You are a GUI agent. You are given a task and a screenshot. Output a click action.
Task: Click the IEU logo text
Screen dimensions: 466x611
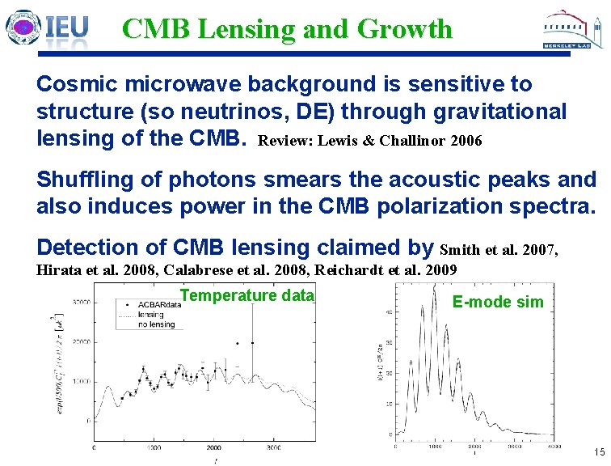click(66, 29)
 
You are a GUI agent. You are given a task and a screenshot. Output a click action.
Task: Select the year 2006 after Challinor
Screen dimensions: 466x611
click(466, 142)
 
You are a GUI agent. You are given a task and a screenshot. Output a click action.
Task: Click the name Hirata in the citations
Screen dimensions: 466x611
click(57, 270)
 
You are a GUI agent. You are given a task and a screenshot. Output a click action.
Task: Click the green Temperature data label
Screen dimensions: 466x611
click(246, 295)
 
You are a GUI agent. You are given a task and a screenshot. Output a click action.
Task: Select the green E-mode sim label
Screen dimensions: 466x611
click(498, 303)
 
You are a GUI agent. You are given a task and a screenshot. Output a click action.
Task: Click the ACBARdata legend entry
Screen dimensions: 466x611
click(158, 304)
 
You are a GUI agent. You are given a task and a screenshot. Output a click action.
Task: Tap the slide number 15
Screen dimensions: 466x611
click(598, 451)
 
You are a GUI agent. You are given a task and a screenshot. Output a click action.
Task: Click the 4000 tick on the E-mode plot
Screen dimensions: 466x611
click(555, 446)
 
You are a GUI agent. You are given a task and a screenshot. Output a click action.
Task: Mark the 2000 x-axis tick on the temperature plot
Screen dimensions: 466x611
click(213, 446)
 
